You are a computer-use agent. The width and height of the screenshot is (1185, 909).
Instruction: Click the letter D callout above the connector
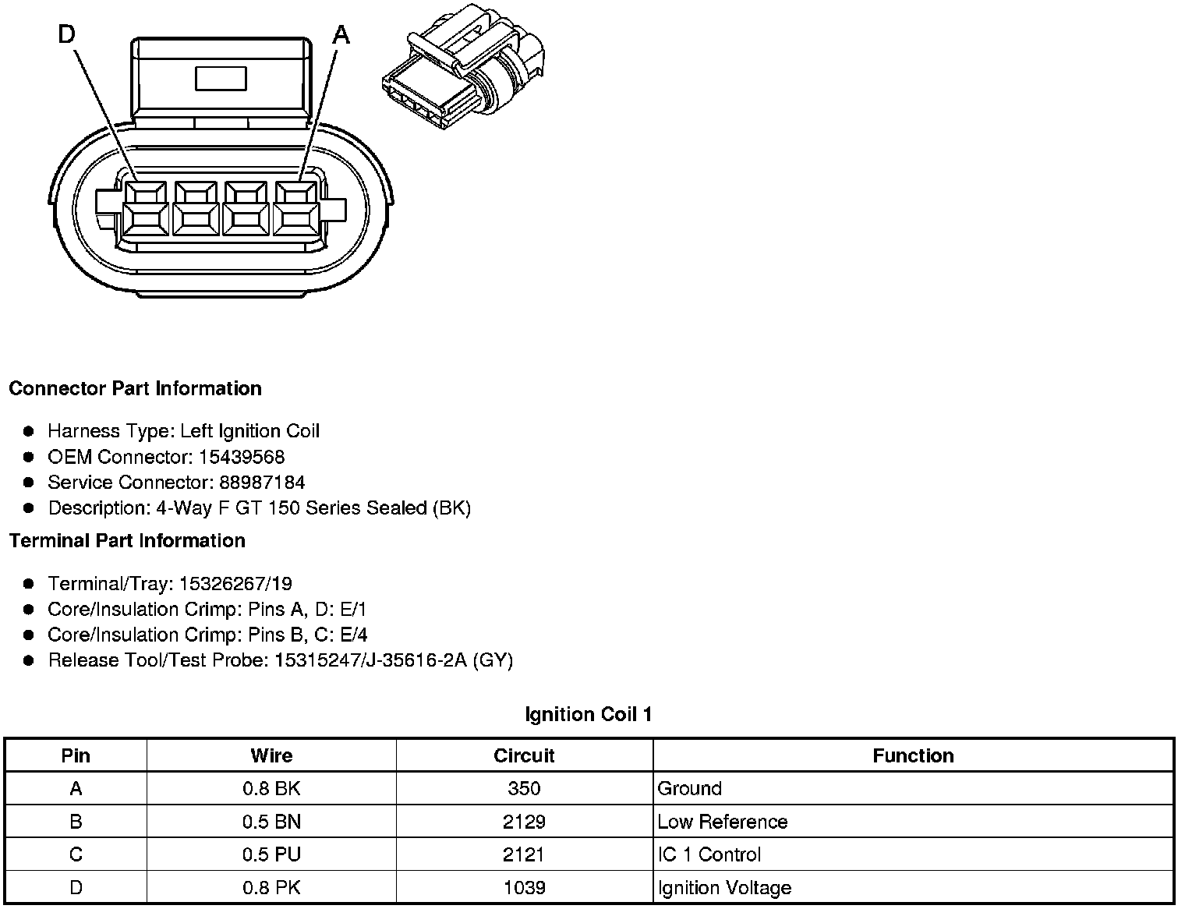tap(68, 34)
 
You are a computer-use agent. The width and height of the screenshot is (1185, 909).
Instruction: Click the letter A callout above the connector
tap(341, 34)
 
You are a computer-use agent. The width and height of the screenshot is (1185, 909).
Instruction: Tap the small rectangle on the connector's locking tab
tap(221, 78)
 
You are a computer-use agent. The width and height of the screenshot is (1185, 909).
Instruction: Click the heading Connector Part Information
tap(135, 388)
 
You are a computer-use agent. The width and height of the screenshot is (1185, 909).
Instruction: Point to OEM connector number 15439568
tap(242, 457)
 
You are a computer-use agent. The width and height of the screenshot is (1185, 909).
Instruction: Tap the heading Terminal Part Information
tap(127, 540)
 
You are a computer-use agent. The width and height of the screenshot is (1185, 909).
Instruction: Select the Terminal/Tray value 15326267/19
tap(235, 583)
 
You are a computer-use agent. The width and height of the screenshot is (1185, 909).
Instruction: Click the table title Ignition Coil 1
tap(589, 714)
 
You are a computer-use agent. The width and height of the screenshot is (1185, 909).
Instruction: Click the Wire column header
tap(271, 755)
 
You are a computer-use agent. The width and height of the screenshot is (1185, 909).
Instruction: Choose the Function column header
tap(913, 755)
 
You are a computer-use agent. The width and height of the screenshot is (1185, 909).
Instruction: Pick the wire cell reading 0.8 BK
tap(271, 788)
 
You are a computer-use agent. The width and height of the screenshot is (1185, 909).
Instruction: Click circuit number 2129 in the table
tap(524, 822)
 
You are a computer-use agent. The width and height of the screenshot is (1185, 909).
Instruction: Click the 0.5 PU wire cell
tap(271, 854)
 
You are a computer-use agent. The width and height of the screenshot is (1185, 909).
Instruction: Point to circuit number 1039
tap(524, 888)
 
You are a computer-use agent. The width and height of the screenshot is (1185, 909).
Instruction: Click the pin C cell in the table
tap(76, 854)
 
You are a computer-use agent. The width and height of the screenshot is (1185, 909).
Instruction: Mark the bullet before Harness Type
tap(29, 431)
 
